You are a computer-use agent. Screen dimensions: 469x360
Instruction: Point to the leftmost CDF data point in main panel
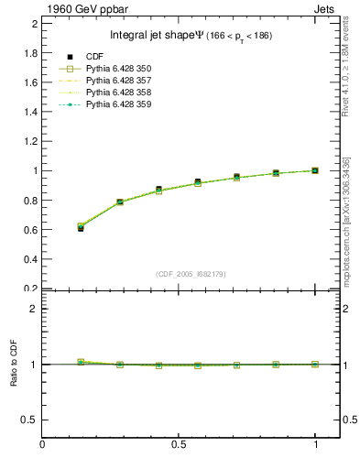point(81,228)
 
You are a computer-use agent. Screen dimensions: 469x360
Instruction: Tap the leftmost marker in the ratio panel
point(81,362)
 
